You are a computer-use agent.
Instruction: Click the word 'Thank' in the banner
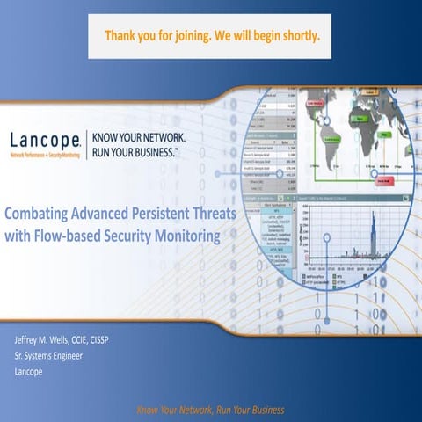click(122, 38)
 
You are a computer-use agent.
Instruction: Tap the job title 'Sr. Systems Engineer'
click(56, 356)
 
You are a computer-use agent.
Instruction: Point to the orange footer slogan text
click(210, 411)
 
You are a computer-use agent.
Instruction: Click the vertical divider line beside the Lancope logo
click(86, 143)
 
